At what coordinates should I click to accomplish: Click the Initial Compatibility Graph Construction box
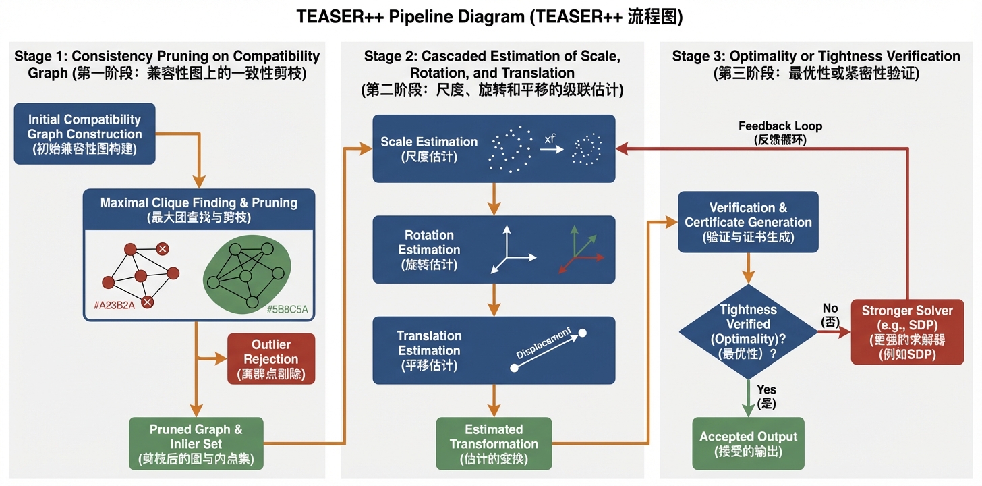(85, 134)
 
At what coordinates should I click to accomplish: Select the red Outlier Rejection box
(271, 358)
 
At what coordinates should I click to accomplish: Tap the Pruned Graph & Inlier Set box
(196, 444)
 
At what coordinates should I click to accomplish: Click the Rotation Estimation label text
(429, 250)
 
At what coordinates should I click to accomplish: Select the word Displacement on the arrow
(544, 345)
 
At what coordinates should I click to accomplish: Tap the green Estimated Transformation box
(494, 444)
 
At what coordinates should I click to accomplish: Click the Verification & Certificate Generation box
(748, 222)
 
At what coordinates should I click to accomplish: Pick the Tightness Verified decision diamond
(748, 331)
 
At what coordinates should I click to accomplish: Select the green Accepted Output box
(748, 443)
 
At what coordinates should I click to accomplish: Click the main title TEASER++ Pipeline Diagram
(490, 17)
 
